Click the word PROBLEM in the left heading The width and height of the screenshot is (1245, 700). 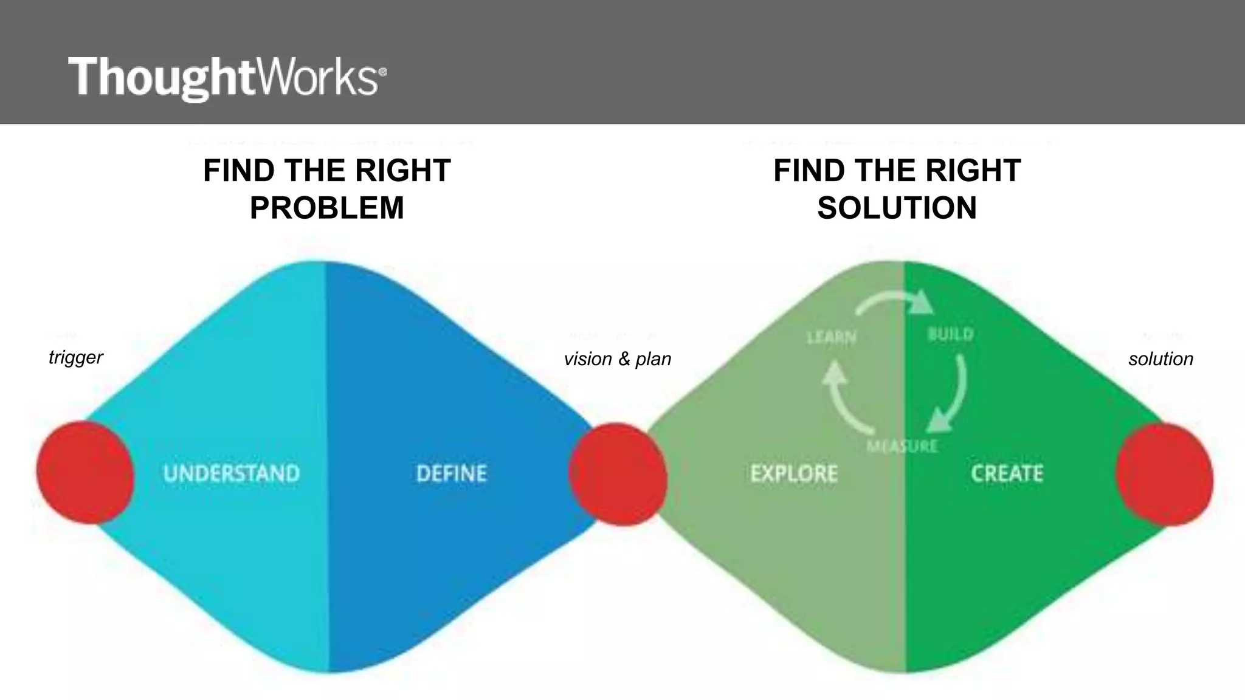(x=327, y=208)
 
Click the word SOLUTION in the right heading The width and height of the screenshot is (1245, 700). (x=897, y=208)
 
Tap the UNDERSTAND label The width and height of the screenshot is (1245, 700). (x=232, y=473)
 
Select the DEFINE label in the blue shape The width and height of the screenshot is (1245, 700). (x=452, y=473)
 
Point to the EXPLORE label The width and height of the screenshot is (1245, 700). (x=794, y=473)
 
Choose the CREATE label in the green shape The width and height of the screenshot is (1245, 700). (x=1007, y=473)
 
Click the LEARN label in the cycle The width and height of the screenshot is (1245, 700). (x=831, y=337)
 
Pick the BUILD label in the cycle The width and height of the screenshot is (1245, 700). (x=951, y=334)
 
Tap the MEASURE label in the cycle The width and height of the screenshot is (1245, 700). (x=902, y=447)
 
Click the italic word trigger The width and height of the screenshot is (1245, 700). (x=75, y=357)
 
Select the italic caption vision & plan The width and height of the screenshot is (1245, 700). (x=618, y=359)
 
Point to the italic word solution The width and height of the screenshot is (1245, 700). (x=1161, y=359)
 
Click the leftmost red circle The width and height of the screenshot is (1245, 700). (x=84, y=472)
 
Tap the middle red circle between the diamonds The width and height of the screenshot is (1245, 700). (x=618, y=475)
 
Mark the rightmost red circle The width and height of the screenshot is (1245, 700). (x=1164, y=475)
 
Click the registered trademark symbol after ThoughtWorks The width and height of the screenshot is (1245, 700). (x=382, y=72)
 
